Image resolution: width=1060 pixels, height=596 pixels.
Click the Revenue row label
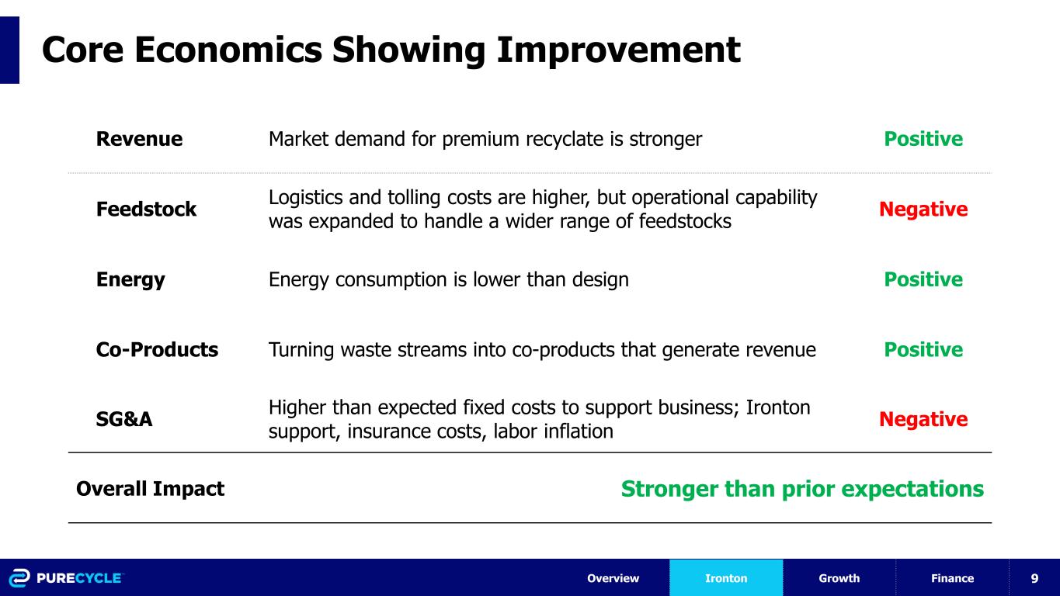[139, 139]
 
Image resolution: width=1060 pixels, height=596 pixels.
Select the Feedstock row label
[146, 209]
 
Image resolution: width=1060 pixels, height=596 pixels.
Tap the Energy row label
[130, 280]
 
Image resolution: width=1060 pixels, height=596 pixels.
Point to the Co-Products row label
[157, 350]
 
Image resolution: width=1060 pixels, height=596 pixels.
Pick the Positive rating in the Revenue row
[923, 139]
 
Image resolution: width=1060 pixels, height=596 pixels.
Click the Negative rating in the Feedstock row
[923, 210]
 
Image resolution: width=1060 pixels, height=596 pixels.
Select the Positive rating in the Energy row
[923, 279]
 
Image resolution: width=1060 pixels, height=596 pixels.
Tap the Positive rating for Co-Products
[923, 350]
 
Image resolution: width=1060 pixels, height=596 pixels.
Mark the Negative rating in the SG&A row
[923, 420]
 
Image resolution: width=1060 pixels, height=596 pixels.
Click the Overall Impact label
[150, 489]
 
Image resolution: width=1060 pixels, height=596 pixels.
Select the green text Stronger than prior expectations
[802, 489]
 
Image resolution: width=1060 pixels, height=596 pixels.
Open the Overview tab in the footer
[613, 578]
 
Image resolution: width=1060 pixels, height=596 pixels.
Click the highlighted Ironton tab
[726, 578]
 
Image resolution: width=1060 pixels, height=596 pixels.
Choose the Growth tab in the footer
[839, 578]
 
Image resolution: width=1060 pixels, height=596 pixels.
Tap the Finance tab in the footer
[952, 578]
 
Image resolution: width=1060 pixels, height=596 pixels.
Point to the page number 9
[1034, 578]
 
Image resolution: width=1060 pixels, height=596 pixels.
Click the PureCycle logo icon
[19, 578]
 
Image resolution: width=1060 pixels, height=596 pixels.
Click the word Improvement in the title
[618, 50]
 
